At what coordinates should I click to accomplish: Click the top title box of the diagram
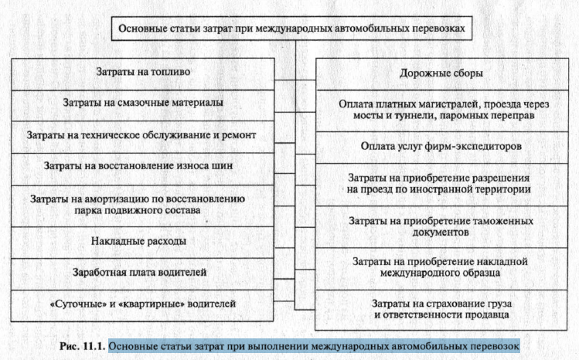point(292,29)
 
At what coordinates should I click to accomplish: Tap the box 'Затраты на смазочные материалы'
point(142,103)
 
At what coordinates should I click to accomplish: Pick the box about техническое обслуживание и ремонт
point(142,134)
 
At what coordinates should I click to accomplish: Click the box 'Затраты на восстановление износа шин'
point(142,166)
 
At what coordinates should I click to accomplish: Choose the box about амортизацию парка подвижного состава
point(142,204)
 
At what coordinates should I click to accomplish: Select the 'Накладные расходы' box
point(142,241)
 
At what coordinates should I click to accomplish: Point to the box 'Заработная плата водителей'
point(142,272)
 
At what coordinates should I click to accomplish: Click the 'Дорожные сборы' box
point(441,74)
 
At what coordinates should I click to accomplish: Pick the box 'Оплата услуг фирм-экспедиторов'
point(441,145)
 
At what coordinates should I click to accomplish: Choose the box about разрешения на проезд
point(441,182)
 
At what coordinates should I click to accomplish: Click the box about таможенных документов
point(441,226)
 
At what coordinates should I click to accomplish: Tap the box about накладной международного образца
point(441,267)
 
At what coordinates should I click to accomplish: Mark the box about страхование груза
point(441,308)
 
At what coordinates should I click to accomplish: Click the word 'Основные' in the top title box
point(144,29)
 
